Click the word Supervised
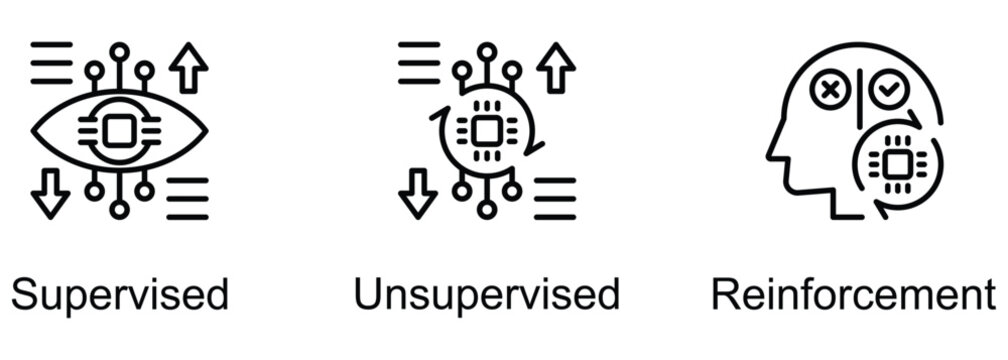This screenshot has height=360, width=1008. [120, 296]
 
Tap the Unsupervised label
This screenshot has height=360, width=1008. [487, 296]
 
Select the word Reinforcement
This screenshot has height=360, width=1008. [853, 296]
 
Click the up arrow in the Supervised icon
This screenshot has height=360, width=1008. [188, 69]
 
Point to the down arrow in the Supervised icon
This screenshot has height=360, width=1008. [50, 192]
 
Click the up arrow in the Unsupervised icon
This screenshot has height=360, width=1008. [556, 69]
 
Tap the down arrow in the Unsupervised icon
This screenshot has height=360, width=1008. [418, 192]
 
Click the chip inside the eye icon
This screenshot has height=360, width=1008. [119, 130]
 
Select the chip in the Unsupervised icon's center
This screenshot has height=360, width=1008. [487, 130]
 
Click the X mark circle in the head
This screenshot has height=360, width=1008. [829, 92]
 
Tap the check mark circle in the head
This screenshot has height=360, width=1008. [885, 92]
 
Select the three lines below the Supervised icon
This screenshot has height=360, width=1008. [187, 198]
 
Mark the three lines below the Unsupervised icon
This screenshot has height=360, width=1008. [555, 198]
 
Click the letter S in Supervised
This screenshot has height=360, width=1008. [25, 296]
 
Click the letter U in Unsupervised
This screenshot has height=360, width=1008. [369, 296]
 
